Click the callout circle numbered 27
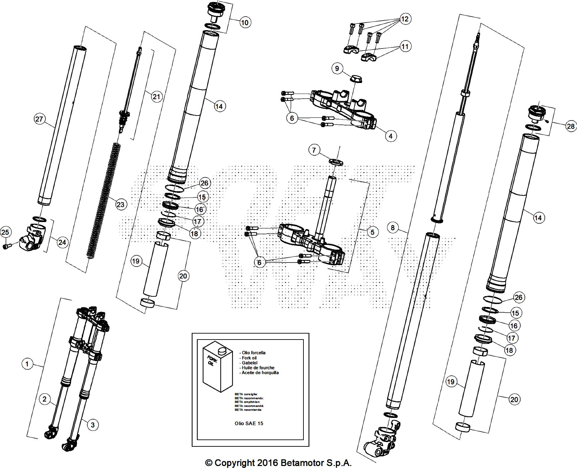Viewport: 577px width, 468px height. (39, 119)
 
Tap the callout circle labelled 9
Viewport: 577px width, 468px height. (337, 68)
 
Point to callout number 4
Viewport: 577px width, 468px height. (390, 136)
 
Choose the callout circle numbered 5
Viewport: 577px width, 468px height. (372, 232)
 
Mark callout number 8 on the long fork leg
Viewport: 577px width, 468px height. (393, 228)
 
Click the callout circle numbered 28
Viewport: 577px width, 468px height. (571, 126)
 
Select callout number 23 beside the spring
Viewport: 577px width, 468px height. (120, 204)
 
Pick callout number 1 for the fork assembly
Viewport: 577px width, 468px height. (27, 364)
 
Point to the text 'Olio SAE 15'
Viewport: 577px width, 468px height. (249, 423)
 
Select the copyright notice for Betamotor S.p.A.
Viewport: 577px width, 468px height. (278, 462)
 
